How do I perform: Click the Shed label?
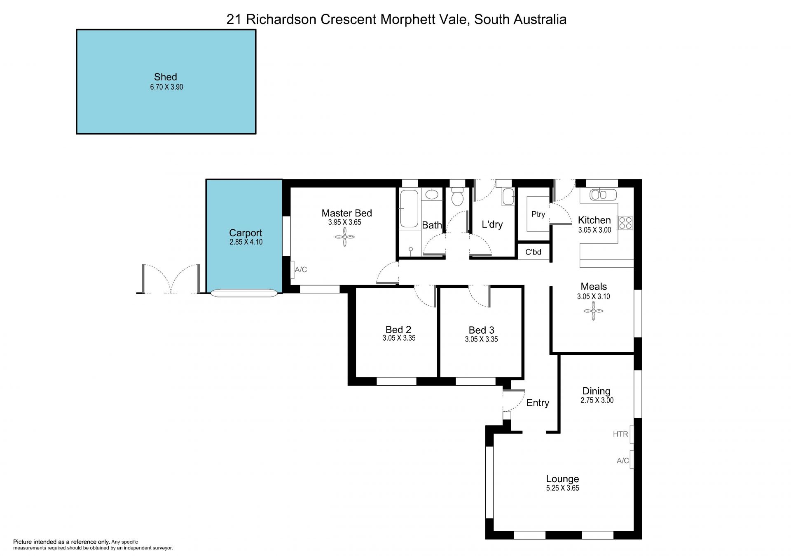click(x=165, y=77)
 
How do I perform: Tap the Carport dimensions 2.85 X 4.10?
click(x=246, y=242)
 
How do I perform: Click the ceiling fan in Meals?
click(x=593, y=311)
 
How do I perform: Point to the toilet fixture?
click(x=457, y=196)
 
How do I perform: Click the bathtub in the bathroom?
click(x=409, y=209)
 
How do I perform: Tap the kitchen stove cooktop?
click(x=625, y=223)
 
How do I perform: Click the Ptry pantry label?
click(x=538, y=214)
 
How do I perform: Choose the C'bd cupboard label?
click(x=533, y=252)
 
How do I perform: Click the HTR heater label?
click(x=620, y=434)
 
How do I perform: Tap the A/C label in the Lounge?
click(x=623, y=461)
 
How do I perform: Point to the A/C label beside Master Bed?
click(x=301, y=270)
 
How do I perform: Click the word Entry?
click(x=538, y=403)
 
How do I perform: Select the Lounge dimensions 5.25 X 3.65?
click(x=562, y=488)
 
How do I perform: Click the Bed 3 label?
click(x=481, y=330)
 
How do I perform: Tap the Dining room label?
click(x=596, y=391)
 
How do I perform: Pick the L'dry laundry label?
click(x=492, y=224)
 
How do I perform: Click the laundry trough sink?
click(x=508, y=197)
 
